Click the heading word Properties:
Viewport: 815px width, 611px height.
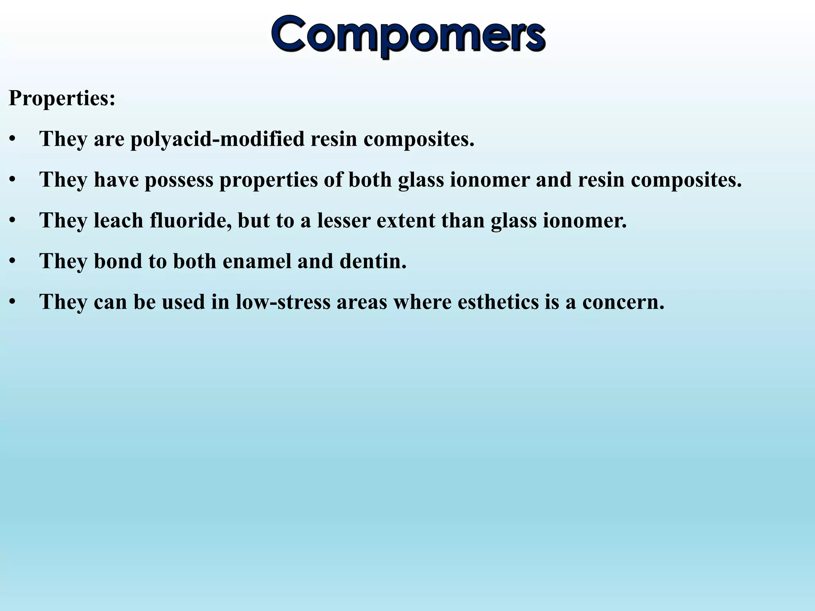(62, 98)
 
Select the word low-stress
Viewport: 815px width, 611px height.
(283, 302)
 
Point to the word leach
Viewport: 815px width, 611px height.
(118, 220)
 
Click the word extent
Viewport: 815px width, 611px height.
(406, 220)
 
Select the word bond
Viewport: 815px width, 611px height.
(118, 261)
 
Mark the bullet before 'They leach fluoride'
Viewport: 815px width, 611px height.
(13, 220)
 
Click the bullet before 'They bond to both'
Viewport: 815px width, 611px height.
(13, 261)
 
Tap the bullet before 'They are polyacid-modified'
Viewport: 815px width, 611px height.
(13, 139)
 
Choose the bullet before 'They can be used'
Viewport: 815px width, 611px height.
(13, 302)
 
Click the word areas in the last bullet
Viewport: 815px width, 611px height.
(362, 302)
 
